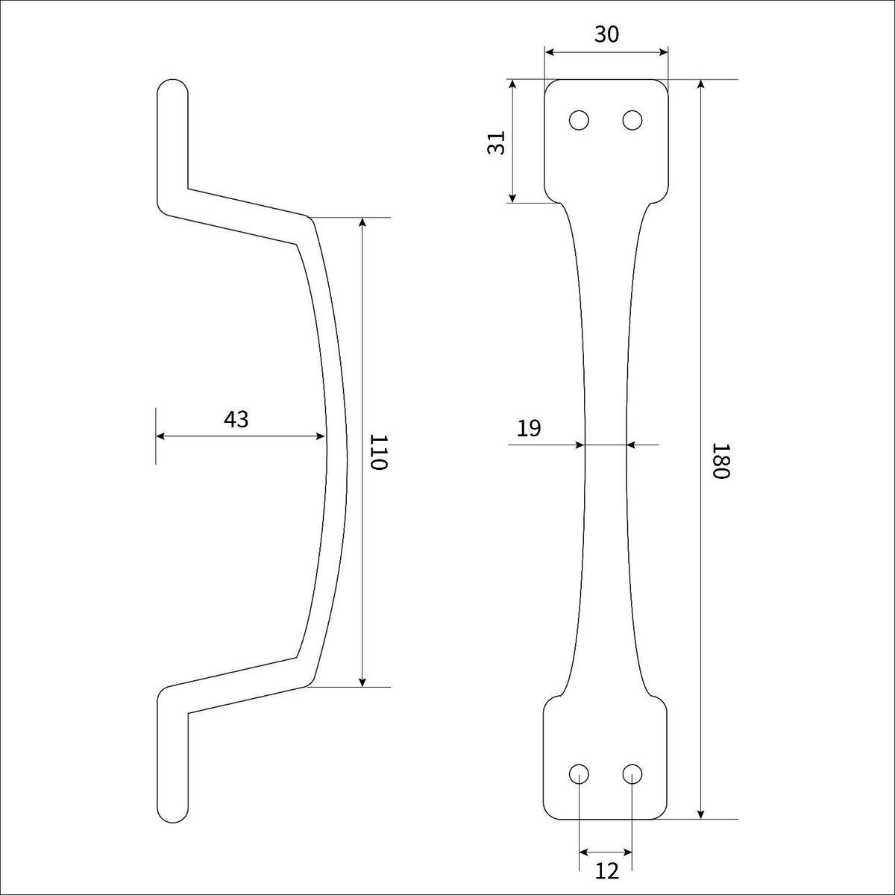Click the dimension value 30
tap(606, 34)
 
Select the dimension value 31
tap(497, 142)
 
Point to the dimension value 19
tap(529, 428)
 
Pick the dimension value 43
tap(236, 419)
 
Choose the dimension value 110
tap(379, 453)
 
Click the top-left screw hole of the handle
tap(580, 120)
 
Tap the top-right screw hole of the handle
tap(632, 120)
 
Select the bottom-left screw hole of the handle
tap(580, 773)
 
